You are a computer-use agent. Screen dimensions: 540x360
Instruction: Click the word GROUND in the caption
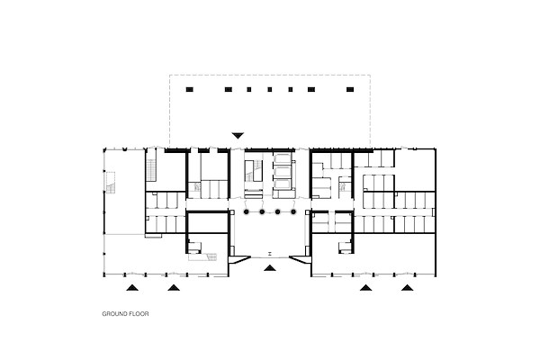[114, 314]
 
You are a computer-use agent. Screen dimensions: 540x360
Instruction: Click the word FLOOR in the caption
[139, 314]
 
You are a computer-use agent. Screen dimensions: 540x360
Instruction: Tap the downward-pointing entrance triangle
[238, 135]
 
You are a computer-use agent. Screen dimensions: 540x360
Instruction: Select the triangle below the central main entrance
[270, 267]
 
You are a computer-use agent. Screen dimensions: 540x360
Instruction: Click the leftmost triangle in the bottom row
[132, 287]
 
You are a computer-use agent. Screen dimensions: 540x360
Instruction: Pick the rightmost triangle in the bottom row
[407, 287]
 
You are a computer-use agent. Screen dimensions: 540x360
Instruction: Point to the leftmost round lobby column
[247, 211]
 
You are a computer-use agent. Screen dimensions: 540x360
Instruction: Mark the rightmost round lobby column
[293, 211]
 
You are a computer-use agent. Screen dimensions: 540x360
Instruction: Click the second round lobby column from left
[262, 211]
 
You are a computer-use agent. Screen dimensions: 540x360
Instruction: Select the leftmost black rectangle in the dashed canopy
[190, 90]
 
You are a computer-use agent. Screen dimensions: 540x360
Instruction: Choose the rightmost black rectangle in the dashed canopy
[350, 90]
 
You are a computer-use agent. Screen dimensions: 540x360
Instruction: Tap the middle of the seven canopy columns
[270, 90]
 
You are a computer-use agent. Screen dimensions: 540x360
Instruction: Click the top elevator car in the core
[283, 158]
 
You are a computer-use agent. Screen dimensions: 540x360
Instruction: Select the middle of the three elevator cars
[283, 172]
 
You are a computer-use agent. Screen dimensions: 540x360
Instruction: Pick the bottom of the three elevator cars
[283, 184]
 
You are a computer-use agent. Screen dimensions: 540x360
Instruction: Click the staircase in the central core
[255, 170]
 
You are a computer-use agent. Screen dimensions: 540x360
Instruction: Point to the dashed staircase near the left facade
[110, 184]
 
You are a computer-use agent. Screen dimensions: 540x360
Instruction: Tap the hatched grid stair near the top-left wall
[151, 170]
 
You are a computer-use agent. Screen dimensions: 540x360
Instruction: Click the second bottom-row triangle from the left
[174, 287]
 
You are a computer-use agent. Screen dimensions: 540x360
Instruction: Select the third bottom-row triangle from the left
[365, 287]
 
